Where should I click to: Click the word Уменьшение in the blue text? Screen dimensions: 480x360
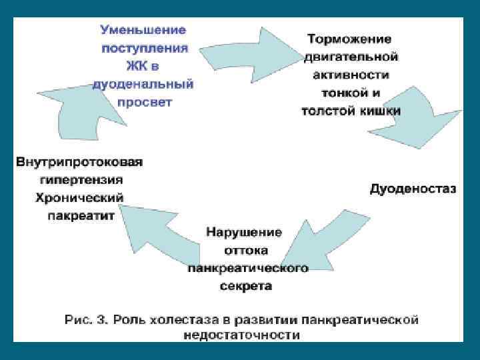click(x=143, y=31)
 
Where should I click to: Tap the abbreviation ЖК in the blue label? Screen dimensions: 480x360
click(x=136, y=67)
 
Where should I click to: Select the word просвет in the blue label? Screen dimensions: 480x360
click(x=144, y=103)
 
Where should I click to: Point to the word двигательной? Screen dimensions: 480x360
click(x=351, y=57)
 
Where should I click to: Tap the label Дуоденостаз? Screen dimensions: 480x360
click(x=413, y=189)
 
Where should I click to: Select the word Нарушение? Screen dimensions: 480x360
click(x=244, y=233)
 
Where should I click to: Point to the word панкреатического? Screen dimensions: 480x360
click(x=247, y=269)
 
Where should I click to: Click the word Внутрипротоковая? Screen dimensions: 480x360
click(x=79, y=162)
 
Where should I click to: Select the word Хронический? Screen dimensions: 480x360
click(x=79, y=198)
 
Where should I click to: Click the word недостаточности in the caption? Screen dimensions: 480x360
click(x=241, y=336)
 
